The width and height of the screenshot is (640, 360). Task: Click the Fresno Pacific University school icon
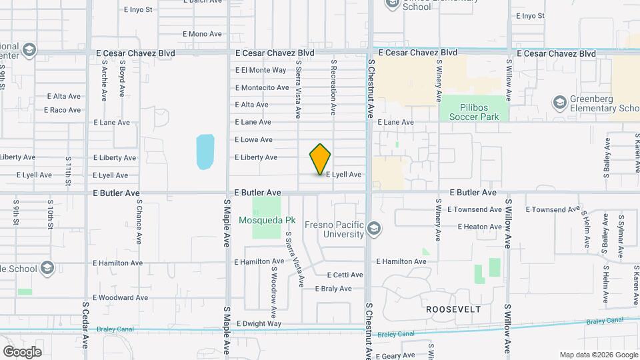(374, 229)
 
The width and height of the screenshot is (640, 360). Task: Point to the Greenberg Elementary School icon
(559, 103)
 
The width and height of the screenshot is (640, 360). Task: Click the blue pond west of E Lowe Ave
(205, 151)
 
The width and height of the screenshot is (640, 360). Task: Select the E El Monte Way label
(261, 70)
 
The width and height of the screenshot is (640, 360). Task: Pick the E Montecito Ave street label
(262, 87)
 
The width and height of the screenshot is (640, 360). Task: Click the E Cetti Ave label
(345, 275)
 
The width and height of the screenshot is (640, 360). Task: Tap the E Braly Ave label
(333, 289)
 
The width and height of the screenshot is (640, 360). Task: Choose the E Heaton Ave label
(479, 227)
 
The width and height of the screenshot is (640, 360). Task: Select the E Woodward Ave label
(120, 297)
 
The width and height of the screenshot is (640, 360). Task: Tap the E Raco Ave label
(64, 110)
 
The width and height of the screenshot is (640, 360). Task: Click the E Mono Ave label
(202, 34)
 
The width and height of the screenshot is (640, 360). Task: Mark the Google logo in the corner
(22, 351)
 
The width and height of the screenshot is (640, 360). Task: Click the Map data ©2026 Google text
(598, 355)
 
